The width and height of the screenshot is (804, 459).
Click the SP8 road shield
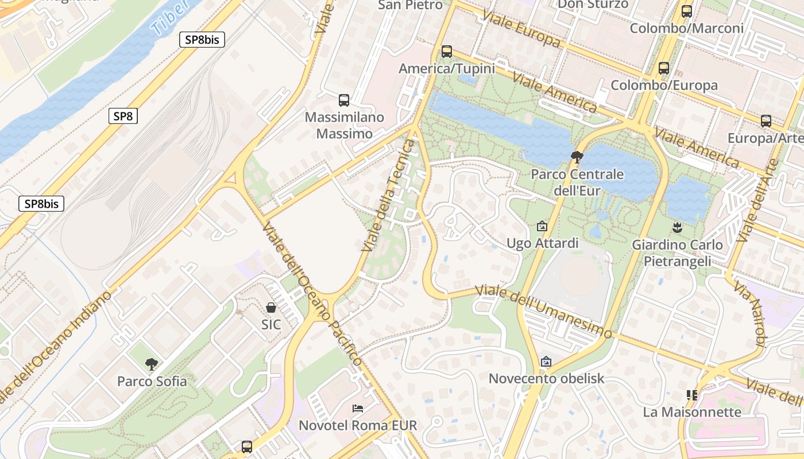coord(123,116)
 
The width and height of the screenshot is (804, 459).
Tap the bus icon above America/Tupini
coord(447,52)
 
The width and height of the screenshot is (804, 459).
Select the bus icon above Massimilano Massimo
coord(344,100)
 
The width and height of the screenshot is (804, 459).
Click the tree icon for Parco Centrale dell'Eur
coord(577,157)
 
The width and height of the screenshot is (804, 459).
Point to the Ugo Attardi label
coord(542,243)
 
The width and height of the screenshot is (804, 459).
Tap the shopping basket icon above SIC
coord(271,308)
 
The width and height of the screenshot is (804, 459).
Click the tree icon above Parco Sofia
coord(152,364)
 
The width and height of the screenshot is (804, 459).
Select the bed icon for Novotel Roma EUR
coord(358,409)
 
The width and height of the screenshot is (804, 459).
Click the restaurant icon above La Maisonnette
coord(692,395)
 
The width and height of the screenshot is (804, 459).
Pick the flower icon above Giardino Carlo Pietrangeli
coord(678,228)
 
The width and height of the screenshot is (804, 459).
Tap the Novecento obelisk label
coord(546,379)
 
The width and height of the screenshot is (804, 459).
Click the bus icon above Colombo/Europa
coord(664,68)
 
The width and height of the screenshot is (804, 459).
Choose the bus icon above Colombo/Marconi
coord(686,11)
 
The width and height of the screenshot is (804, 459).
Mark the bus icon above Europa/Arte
coord(766,121)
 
